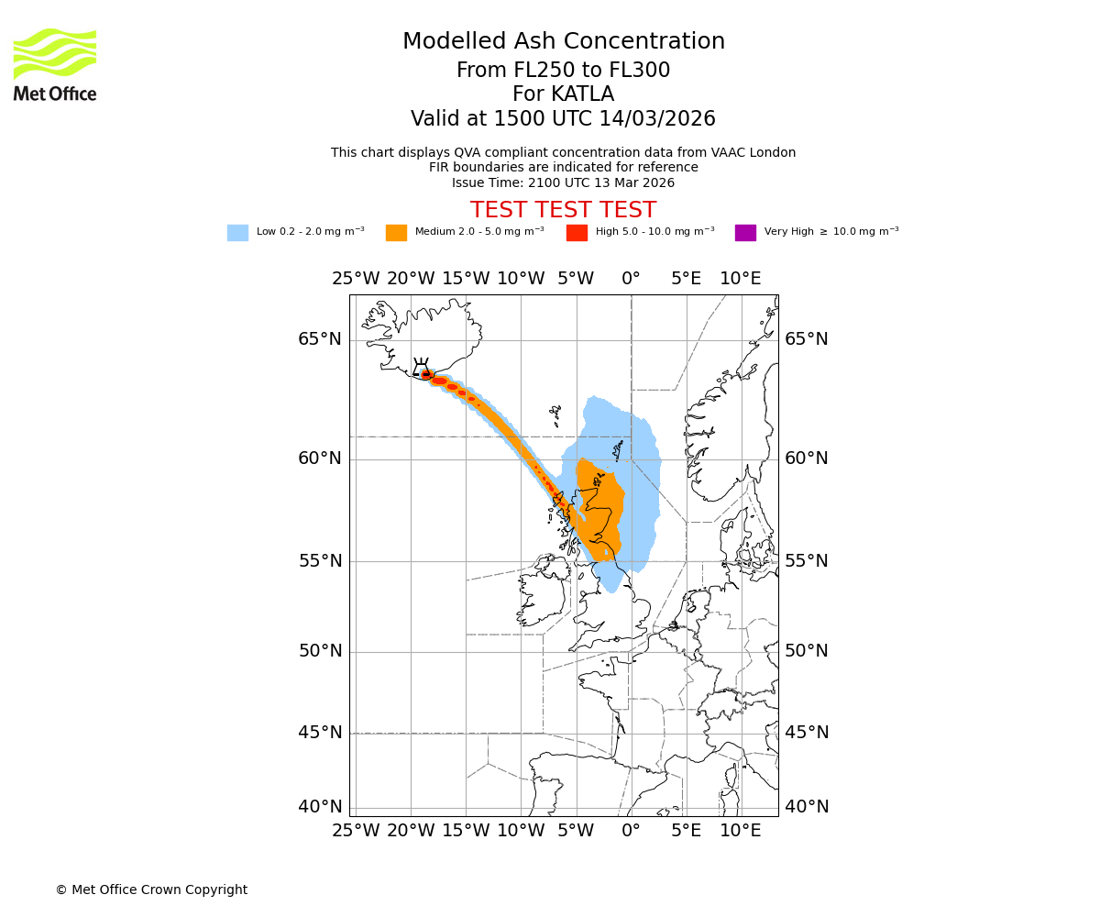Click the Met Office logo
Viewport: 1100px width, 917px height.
coord(55,64)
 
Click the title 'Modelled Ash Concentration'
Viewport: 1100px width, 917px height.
coord(564,42)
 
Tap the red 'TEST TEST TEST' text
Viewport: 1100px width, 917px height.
coord(563,210)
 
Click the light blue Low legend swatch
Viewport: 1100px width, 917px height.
coord(237,233)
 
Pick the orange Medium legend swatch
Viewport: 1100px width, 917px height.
coord(396,233)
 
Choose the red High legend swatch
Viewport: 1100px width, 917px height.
coord(577,233)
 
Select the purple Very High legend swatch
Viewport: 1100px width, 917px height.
coord(745,233)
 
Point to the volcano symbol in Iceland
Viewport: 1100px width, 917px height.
coord(421,368)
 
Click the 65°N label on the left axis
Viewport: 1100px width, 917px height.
coord(319,339)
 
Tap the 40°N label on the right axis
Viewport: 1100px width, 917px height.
coord(807,807)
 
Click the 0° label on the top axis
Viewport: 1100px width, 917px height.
coord(631,279)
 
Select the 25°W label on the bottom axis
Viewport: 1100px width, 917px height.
coord(356,831)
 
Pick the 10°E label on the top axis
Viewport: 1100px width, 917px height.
coord(741,279)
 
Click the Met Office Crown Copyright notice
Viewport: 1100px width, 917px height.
coord(151,889)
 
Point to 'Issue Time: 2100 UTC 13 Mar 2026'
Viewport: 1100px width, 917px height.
coord(563,182)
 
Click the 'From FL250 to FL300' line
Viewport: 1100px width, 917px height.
coord(563,71)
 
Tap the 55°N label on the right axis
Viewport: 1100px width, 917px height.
coord(807,561)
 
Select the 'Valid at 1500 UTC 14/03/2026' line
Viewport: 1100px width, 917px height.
coord(563,119)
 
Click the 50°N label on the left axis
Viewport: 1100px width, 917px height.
coord(319,651)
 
